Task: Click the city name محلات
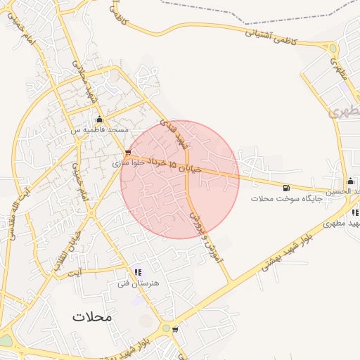(x=91, y=317)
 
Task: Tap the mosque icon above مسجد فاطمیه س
(x=99, y=119)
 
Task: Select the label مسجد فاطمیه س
(x=98, y=130)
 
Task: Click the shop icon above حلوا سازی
(x=127, y=152)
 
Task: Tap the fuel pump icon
(x=285, y=188)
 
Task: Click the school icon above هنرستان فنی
(x=138, y=272)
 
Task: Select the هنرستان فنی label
(x=139, y=283)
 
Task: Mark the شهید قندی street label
(x=174, y=134)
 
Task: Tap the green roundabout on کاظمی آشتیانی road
(x=333, y=48)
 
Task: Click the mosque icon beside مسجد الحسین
(x=350, y=181)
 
